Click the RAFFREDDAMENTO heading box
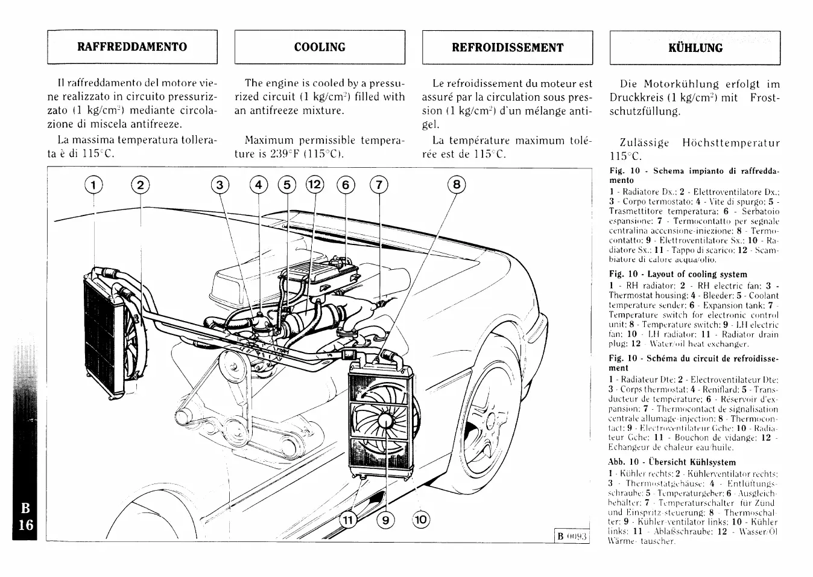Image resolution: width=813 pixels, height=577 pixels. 132,47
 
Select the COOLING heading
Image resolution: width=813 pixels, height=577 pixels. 320,47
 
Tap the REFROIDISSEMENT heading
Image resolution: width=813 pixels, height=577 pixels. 507,48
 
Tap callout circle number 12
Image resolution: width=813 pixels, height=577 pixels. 315,185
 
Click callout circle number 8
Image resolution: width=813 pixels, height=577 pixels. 457,185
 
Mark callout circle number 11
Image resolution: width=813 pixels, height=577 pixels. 347,520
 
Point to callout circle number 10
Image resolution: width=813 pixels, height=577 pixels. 421,520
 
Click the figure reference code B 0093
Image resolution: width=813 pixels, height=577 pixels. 571,536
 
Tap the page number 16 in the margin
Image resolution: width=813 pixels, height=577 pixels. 26,524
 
